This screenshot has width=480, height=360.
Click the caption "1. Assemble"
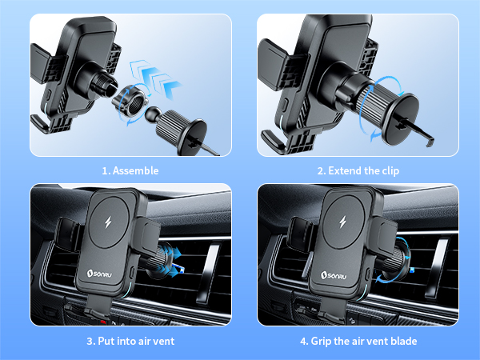pos(130,170)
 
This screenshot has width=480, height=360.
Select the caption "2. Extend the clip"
pos(358,170)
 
